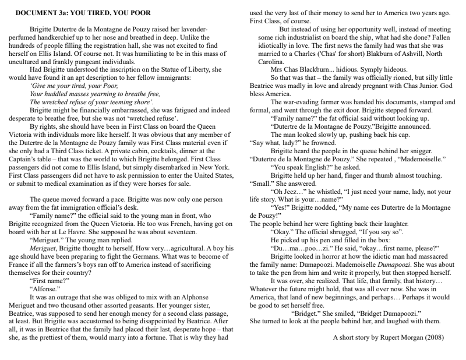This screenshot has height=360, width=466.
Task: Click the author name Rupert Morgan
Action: click(x=411, y=336)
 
